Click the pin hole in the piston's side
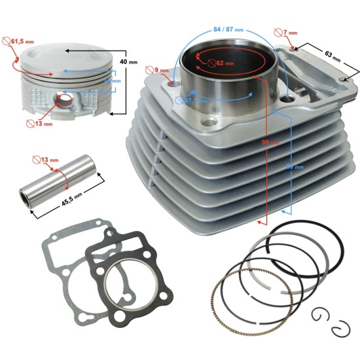point(65,100)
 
